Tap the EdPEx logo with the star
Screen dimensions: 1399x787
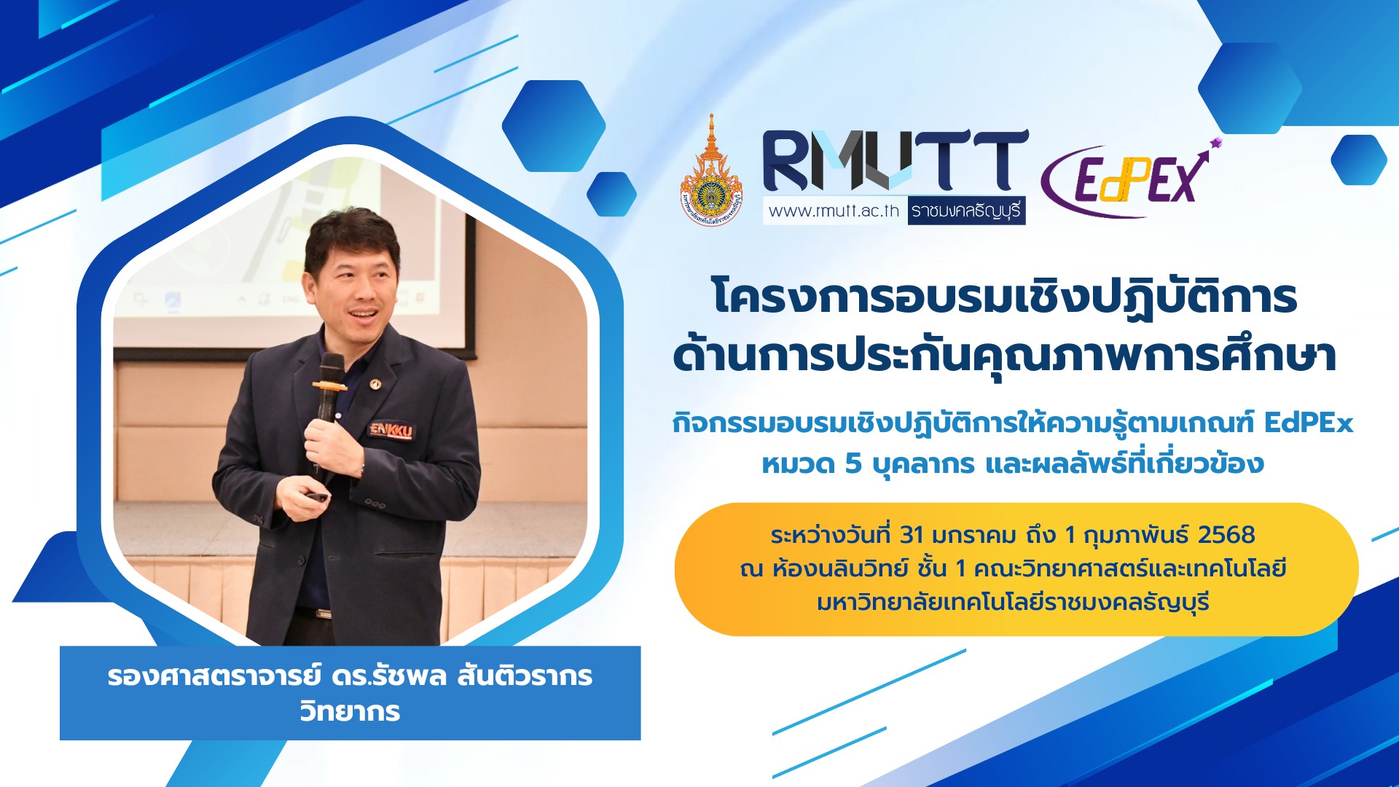1130,179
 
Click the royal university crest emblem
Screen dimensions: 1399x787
711,171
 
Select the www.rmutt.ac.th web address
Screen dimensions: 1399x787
834,211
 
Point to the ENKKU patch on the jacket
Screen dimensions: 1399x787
391,430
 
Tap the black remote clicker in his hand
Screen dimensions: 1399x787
317,496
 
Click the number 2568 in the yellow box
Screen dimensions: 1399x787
1226,535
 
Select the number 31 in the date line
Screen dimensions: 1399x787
912,535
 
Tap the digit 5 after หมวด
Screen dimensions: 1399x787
853,463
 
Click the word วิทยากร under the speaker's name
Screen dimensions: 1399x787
350,710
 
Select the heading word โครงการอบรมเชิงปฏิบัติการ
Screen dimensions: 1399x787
1005,297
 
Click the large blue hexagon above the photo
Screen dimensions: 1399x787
554,126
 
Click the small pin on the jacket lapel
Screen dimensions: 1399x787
375,383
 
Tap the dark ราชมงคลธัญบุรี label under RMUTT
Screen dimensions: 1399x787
966,211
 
